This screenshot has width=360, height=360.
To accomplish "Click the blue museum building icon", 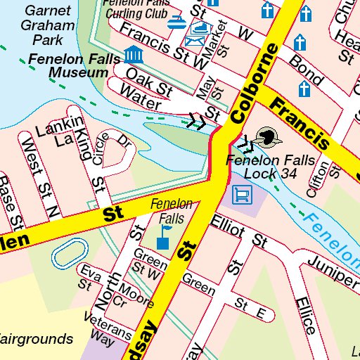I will pyautogui.click(x=131, y=53).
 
